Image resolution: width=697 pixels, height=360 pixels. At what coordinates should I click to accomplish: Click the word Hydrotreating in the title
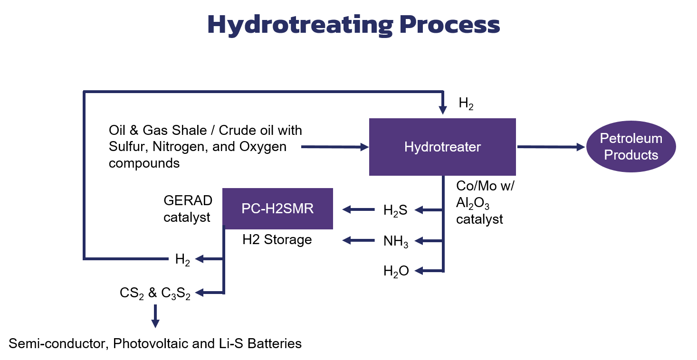299,25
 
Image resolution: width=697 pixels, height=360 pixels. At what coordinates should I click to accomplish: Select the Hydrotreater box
442,147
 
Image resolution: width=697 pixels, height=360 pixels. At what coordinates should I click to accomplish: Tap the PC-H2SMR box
277,208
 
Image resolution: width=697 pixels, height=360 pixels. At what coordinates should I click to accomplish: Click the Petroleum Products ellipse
630,146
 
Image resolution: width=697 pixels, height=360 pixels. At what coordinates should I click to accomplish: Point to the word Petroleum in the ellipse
630,138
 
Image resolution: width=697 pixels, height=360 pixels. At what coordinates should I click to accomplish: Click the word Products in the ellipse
630,155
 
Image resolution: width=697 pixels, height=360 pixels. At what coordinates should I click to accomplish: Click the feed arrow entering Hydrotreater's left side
335,147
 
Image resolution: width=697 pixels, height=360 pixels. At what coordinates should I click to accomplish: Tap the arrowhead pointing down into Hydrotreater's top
442,110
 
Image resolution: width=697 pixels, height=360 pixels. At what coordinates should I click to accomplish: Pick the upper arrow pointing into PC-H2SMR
358,209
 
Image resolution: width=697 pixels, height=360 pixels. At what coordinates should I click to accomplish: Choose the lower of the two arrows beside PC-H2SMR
358,240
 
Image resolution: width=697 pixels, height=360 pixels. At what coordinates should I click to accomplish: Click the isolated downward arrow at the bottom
155,317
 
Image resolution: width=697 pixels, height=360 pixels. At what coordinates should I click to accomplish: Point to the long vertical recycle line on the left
84,176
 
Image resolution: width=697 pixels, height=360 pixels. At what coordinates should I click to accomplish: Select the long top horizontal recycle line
261,91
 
